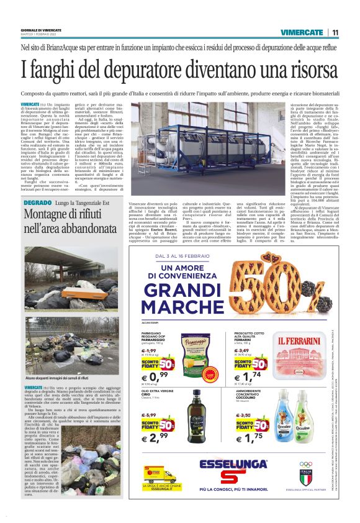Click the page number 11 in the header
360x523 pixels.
[335, 32]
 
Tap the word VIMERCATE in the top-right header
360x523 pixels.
[302, 32]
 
